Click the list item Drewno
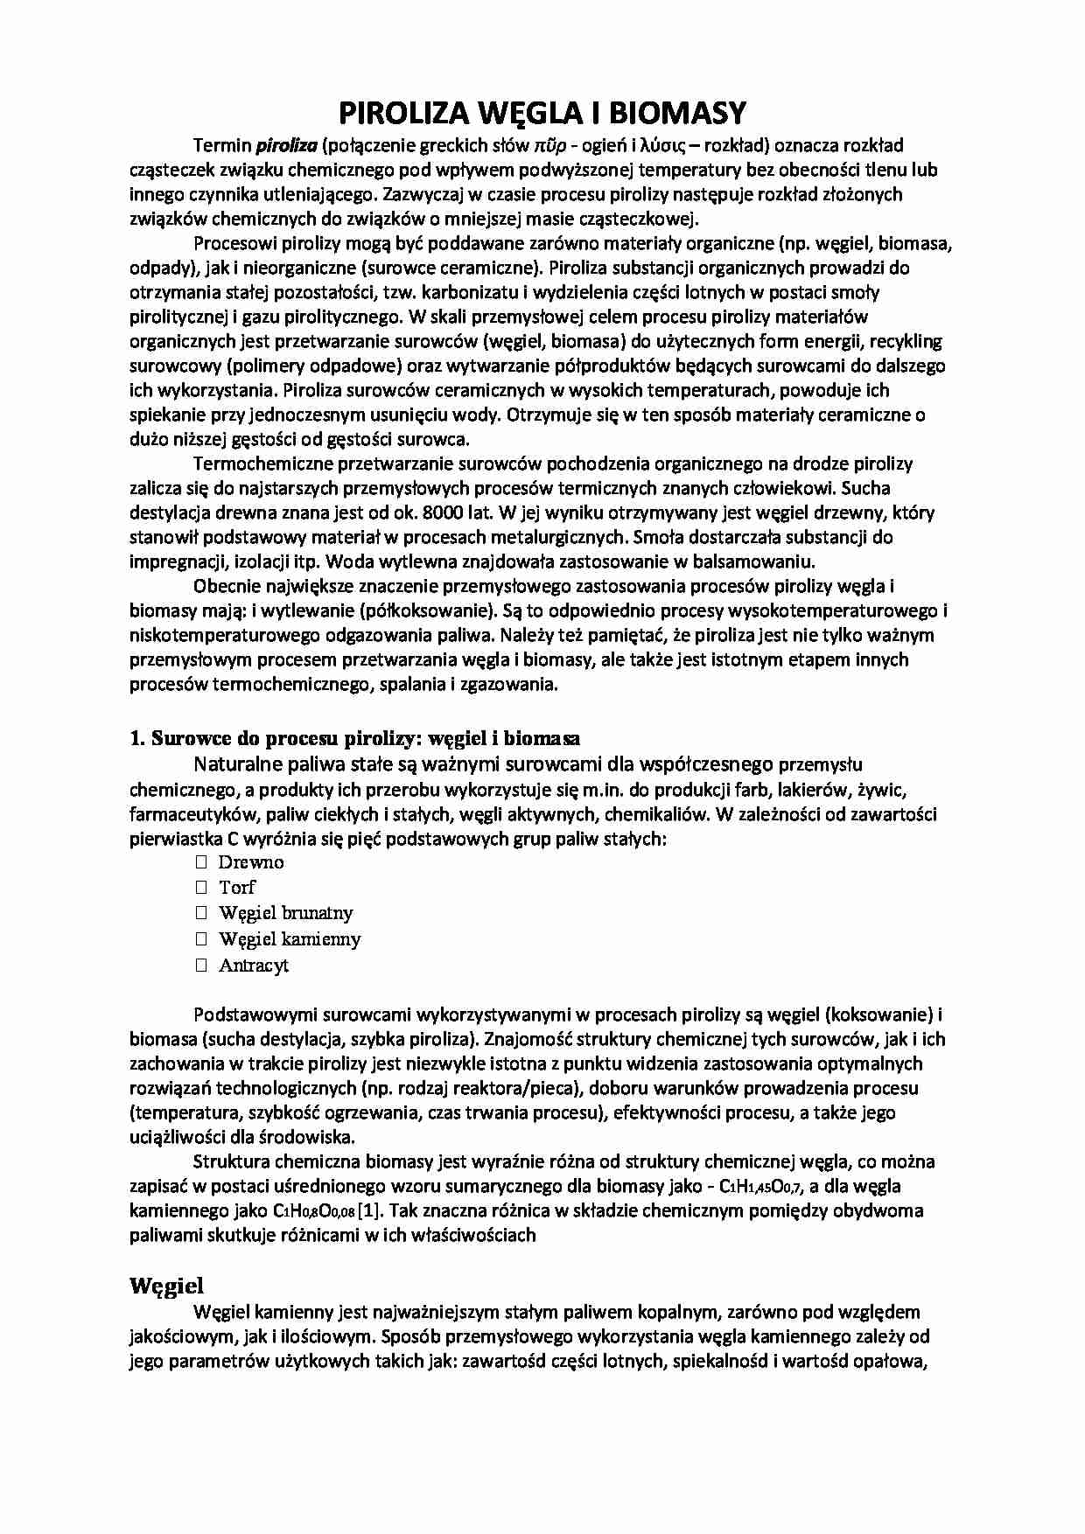pyautogui.click(x=251, y=862)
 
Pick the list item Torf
pyautogui.click(x=237, y=888)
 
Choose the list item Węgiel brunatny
pyautogui.click(x=286, y=913)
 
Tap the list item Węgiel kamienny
pyautogui.click(x=290, y=939)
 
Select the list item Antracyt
pyautogui.click(x=254, y=966)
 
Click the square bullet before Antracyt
pyautogui.click(x=200, y=966)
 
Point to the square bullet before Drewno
pyautogui.click(x=200, y=862)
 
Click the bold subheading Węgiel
pyautogui.click(x=166, y=1286)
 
